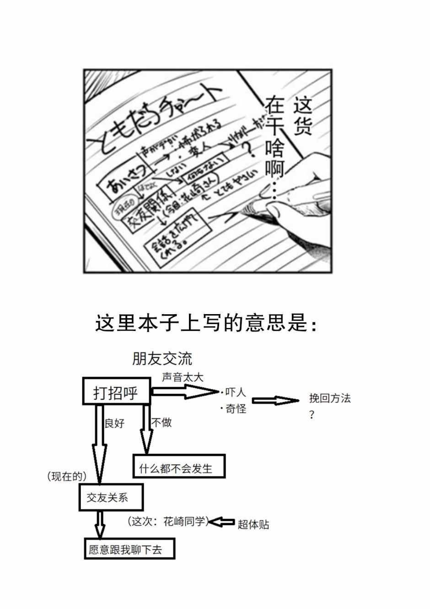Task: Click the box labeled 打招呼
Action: coord(116,391)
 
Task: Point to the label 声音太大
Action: coord(183,377)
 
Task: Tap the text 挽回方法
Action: coord(329,398)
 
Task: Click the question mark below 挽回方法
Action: coord(312,416)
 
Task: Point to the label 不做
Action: coord(161,422)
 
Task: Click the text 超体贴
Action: coord(253,524)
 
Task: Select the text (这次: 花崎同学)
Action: coord(168,522)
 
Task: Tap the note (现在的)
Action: coord(67,477)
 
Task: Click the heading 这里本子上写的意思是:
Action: coord(206,323)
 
